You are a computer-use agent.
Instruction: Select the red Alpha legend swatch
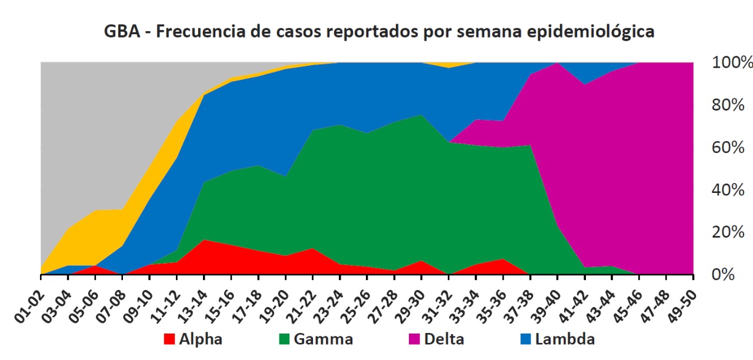tap(169, 339)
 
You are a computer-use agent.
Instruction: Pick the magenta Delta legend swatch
tap(414, 339)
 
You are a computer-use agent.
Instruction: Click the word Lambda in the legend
tap(567, 339)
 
